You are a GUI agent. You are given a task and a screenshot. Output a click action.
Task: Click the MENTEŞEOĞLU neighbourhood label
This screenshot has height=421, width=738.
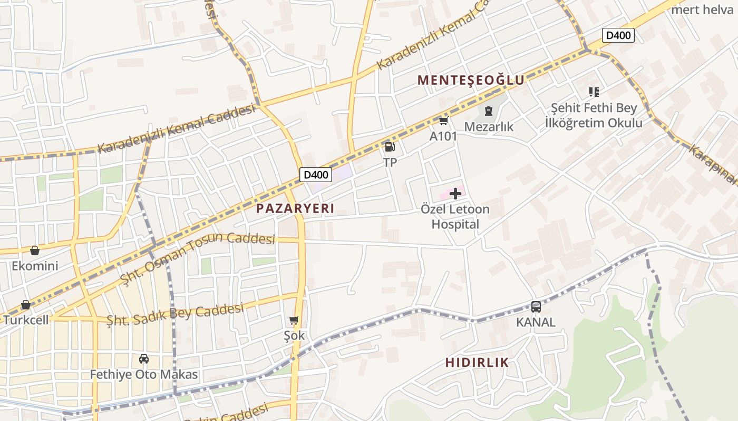(471, 80)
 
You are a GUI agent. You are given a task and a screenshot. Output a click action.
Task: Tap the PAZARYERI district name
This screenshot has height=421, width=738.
(295, 208)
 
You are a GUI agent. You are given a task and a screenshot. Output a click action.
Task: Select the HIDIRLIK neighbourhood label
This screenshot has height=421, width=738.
(477, 362)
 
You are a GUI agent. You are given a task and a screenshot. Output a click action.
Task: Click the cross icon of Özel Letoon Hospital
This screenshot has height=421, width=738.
(455, 194)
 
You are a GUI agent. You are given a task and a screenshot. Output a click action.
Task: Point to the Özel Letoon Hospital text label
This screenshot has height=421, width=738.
(455, 217)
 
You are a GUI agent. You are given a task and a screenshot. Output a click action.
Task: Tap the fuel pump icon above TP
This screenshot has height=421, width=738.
(390, 147)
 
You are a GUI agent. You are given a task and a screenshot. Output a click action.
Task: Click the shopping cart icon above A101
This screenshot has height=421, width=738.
(443, 121)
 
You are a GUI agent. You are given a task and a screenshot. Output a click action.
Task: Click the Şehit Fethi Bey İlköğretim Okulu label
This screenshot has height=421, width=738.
(594, 115)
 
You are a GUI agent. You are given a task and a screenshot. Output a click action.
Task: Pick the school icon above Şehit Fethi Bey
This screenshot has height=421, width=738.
(594, 92)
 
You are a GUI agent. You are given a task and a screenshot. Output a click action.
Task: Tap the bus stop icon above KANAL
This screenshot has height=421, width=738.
(536, 306)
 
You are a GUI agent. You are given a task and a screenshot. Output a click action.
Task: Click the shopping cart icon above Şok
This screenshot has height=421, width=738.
(294, 320)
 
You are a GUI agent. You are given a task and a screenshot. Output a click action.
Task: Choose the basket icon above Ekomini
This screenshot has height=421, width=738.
(35, 250)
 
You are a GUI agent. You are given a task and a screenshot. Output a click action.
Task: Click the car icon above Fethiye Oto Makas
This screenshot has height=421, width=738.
(143, 359)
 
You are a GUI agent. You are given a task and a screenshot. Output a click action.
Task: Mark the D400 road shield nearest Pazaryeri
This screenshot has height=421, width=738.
(316, 175)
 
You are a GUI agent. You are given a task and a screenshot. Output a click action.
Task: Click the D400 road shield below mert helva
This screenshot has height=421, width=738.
(618, 35)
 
